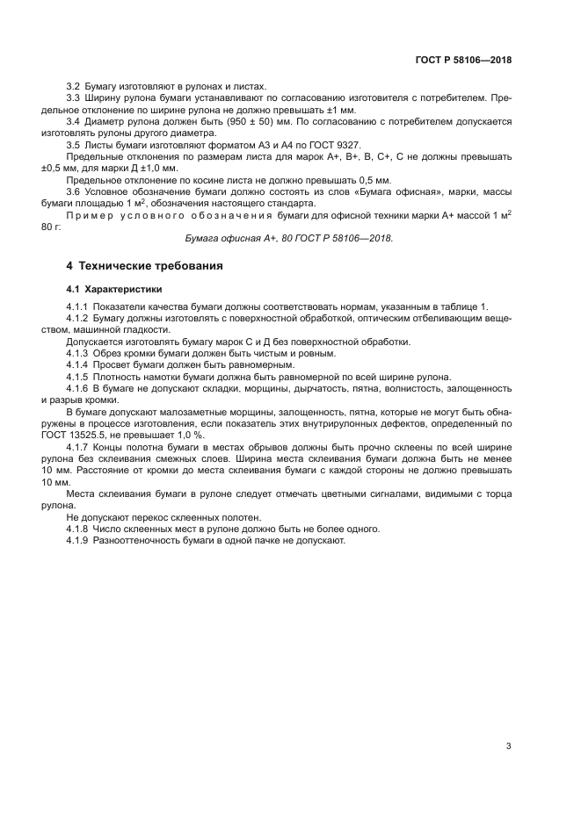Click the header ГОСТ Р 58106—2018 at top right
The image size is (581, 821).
[462, 61]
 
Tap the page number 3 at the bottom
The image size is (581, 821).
[508, 746]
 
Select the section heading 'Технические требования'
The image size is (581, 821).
[149, 265]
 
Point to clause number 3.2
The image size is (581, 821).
[74, 88]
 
